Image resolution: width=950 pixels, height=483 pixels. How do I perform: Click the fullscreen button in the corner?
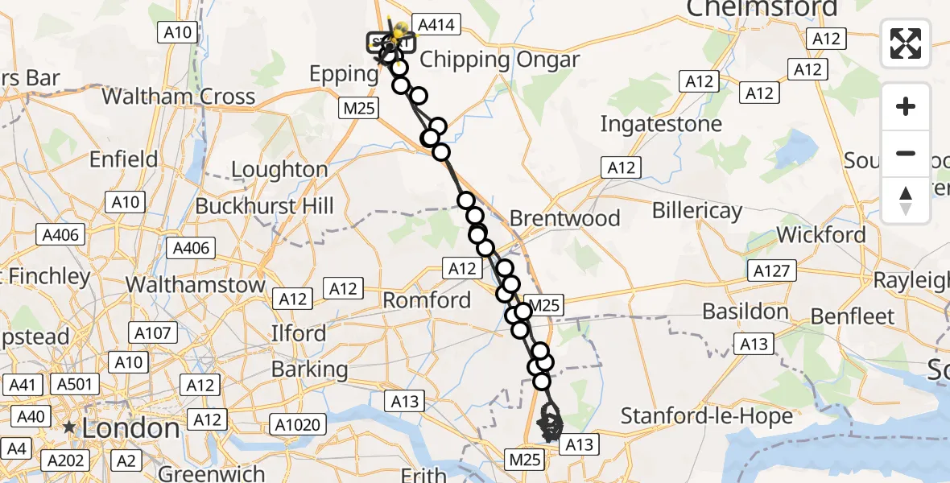906,43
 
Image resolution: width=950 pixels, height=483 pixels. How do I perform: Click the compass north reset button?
906,200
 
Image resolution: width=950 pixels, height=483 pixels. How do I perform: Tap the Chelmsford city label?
762,9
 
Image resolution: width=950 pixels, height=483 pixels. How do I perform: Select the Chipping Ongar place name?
499,60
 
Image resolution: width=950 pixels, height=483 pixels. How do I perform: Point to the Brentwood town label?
565,218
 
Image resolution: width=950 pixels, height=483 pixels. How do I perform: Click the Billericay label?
696,211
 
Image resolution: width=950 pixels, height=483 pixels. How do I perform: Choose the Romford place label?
427,300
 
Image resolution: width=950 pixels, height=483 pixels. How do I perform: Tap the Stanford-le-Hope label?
707,416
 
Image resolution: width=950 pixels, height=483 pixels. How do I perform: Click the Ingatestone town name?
661,124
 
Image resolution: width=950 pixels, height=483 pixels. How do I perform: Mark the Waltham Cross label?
179,97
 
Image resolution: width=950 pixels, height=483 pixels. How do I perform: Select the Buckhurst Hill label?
264,205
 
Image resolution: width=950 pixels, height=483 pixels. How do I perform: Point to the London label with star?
121,428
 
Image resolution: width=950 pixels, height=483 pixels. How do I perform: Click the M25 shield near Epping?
359,108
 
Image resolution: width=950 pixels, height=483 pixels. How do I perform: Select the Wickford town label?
821,235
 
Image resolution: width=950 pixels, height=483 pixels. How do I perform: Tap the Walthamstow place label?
196,285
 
